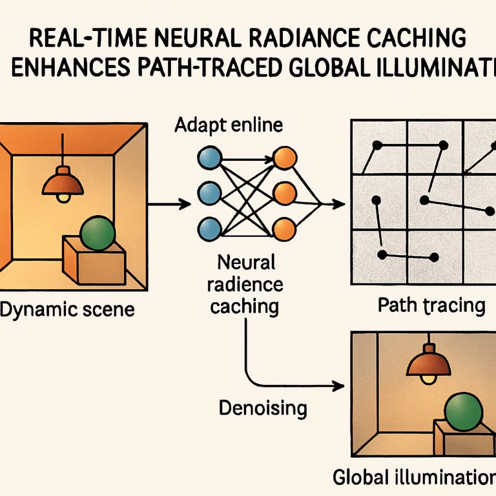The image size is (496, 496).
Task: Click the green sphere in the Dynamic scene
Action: pos(97,233)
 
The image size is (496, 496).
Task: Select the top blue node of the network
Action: pos(208,158)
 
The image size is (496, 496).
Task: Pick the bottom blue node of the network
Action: pos(208,228)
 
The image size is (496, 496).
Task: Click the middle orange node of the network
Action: pos(284,193)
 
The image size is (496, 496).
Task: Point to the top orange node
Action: pos(284,158)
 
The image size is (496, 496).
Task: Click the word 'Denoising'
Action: pos(262,408)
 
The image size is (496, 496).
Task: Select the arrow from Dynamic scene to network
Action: pos(169,204)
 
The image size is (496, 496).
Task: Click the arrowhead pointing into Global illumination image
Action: pos(336,386)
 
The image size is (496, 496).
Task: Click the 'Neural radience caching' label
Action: pos(246,284)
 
